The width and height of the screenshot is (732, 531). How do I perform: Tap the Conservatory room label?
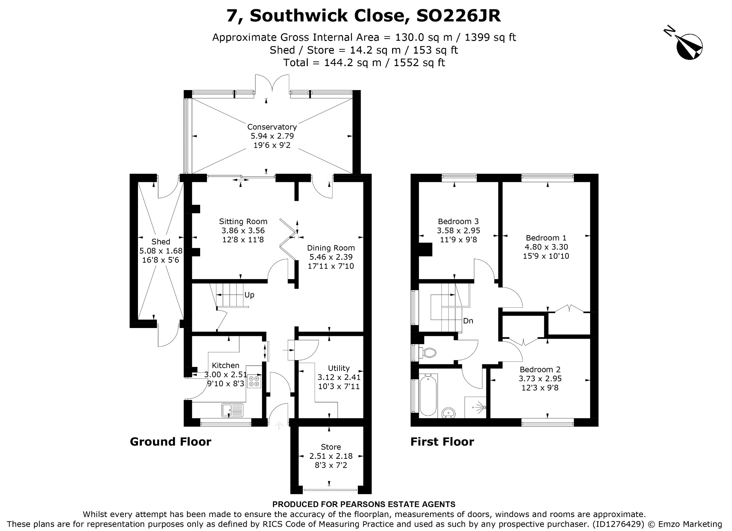272,127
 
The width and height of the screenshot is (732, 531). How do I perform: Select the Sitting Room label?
243,222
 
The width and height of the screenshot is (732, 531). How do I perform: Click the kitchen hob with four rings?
254,381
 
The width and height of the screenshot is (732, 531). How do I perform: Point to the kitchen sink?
232,410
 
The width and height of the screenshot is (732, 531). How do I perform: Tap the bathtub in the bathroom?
428,396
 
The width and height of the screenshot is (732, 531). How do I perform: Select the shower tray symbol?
476,407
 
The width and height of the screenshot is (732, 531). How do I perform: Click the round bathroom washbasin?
448,413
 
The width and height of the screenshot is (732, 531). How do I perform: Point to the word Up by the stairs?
249,295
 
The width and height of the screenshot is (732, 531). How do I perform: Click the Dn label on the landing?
468,321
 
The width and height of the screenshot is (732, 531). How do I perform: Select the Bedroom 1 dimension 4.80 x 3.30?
546,247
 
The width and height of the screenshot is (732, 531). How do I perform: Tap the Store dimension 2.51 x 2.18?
331,456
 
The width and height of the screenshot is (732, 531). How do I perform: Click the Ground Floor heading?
170,442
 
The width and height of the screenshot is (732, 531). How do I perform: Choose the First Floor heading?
442,442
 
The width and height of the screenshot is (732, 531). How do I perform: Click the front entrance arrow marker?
279,425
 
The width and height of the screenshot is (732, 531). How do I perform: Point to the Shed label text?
160,242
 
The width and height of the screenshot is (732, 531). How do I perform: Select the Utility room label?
339,368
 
